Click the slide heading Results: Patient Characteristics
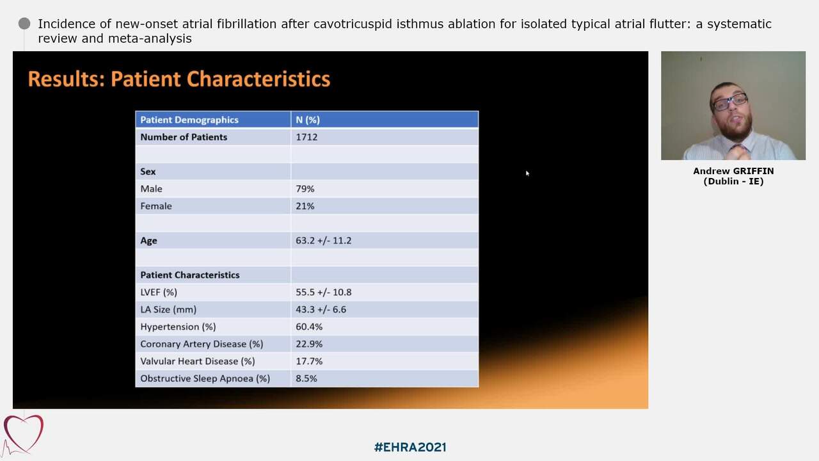pyautogui.click(x=179, y=79)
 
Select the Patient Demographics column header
pyautogui.click(x=189, y=120)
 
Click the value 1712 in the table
pyautogui.click(x=306, y=137)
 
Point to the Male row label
pyautogui.click(x=151, y=189)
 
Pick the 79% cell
pyautogui.click(x=305, y=189)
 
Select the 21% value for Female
pyautogui.click(x=305, y=206)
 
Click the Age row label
pyautogui.click(x=148, y=241)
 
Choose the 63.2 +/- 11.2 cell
pyautogui.click(x=323, y=241)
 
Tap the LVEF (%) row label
pyautogui.click(x=159, y=292)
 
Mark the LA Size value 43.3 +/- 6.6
pyautogui.click(x=321, y=309)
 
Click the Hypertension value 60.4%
pyautogui.click(x=309, y=327)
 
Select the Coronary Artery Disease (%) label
pyautogui.click(x=202, y=344)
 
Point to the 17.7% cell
pyautogui.click(x=309, y=361)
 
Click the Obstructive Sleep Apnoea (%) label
pyautogui.click(x=205, y=378)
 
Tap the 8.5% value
pyautogui.click(x=306, y=378)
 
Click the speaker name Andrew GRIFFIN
pyautogui.click(x=733, y=171)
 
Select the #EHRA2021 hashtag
pyautogui.click(x=409, y=447)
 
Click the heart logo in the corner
pyautogui.click(x=23, y=434)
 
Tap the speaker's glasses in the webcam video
pyautogui.click(x=729, y=101)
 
